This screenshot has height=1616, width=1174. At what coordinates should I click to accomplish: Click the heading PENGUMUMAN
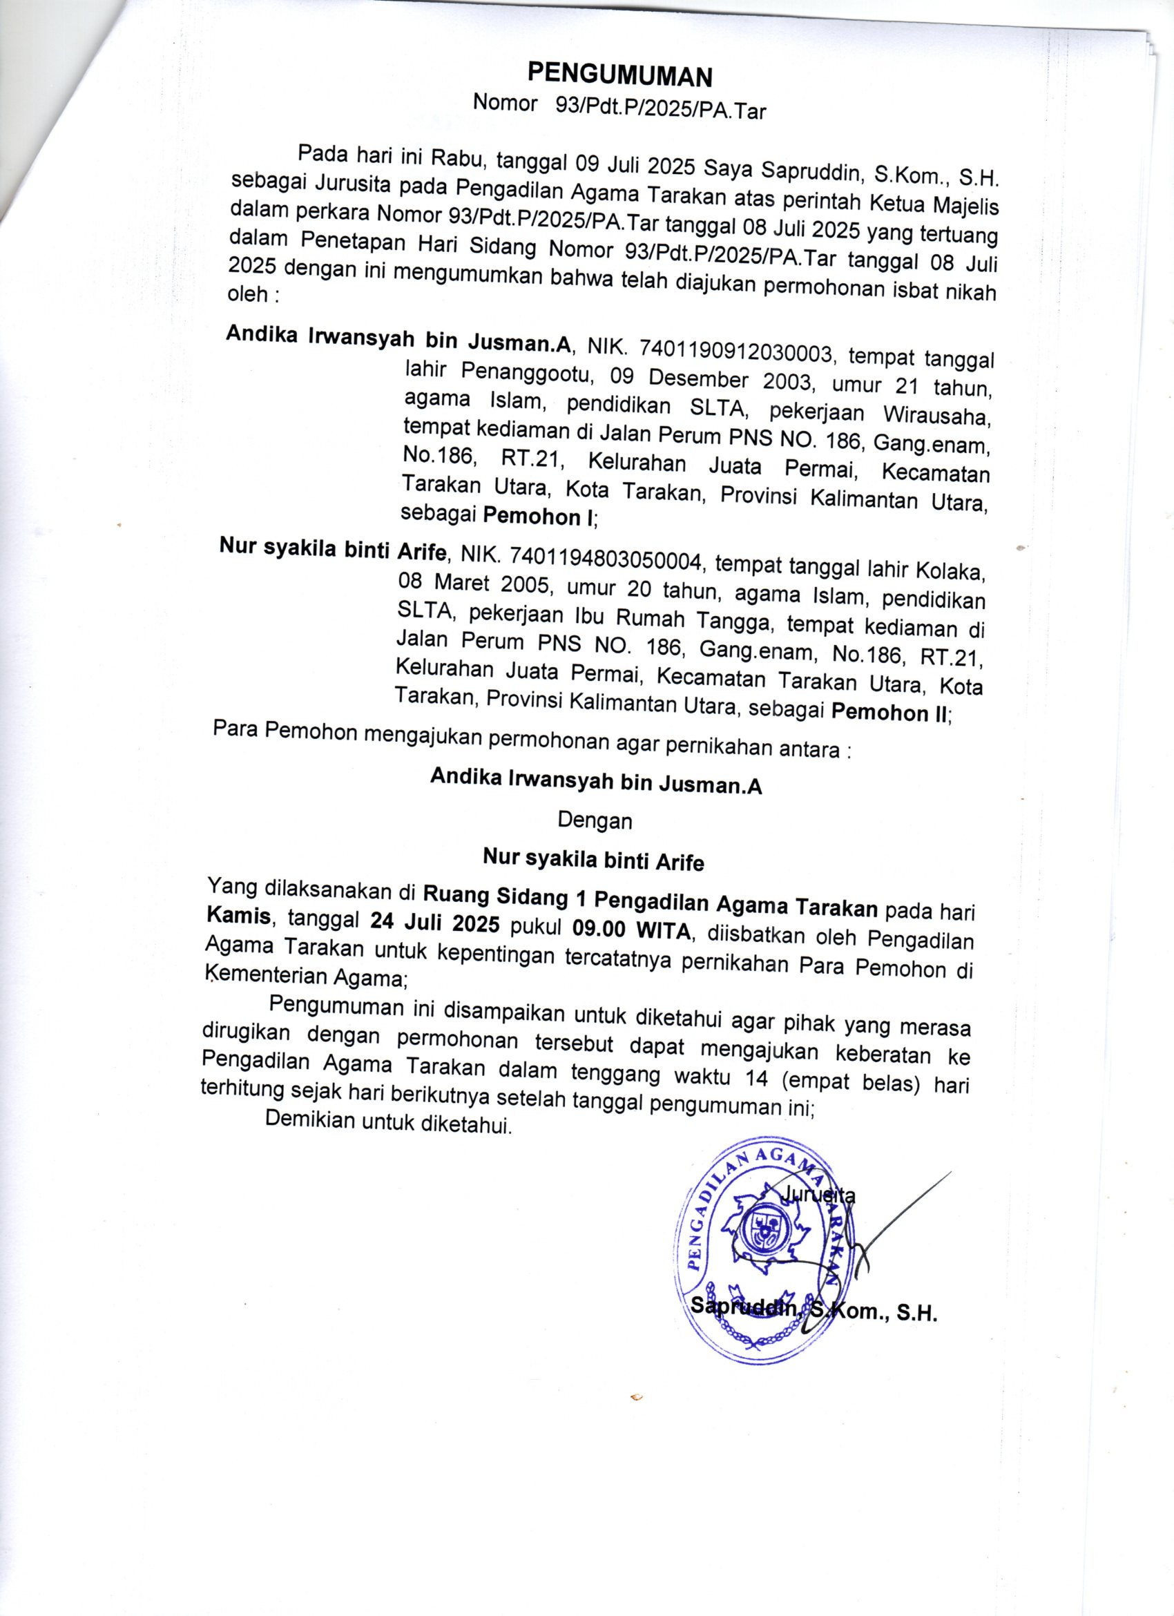(619, 75)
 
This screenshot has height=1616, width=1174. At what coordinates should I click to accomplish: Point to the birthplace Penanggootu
(521, 374)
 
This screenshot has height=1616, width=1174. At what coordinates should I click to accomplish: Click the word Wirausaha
(935, 416)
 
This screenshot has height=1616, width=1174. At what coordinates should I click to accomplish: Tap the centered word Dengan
(595, 821)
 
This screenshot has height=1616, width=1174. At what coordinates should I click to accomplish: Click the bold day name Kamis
(239, 916)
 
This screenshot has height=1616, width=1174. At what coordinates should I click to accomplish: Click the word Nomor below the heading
(505, 104)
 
